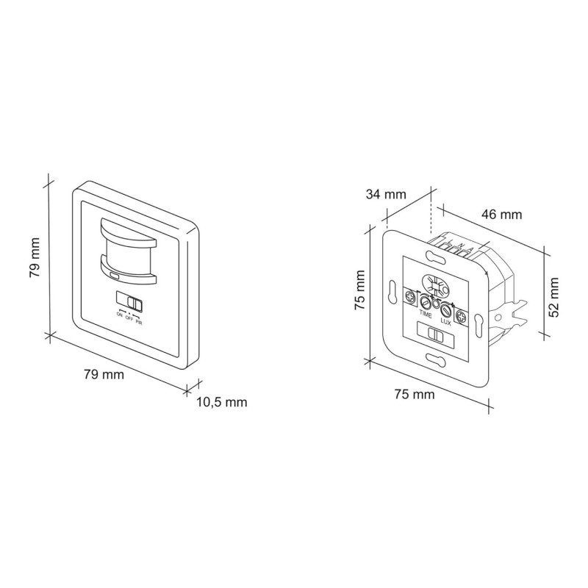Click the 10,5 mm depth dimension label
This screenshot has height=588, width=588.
(221, 402)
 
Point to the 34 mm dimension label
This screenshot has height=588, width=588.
(386, 195)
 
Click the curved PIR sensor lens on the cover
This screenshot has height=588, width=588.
(126, 251)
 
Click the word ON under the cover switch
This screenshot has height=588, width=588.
(119, 315)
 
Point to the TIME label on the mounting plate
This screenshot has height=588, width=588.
(426, 313)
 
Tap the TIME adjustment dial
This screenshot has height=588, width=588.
(425, 301)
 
